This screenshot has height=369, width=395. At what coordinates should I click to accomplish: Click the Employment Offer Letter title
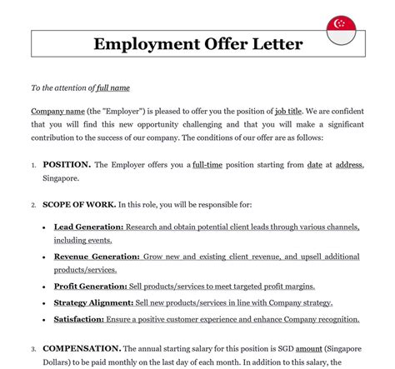[x=197, y=43]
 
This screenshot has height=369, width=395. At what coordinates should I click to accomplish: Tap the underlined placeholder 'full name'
[x=113, y=87]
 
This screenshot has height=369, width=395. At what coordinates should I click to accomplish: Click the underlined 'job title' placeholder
[x=292, y=111]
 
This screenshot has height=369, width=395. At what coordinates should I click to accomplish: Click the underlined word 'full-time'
[x=212, y=165]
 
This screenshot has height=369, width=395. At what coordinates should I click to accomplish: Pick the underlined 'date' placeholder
[x=314, y=165]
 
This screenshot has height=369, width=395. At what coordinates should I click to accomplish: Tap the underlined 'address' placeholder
[x=349, y=165]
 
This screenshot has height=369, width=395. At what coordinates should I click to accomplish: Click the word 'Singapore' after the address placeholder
[x=62, y=178]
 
